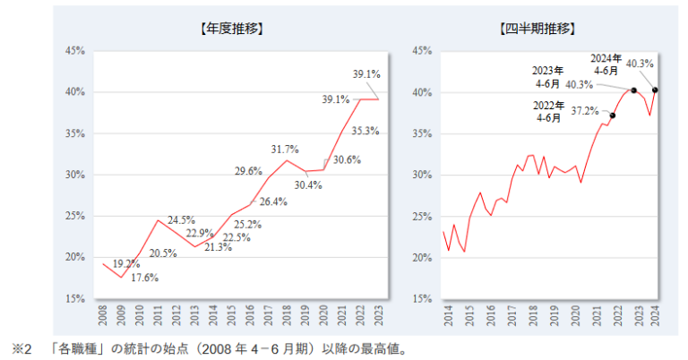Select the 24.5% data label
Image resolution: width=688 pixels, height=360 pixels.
point(181,219)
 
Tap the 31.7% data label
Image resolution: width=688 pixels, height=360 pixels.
point(283,149)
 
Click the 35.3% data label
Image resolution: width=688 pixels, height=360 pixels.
point(364,131)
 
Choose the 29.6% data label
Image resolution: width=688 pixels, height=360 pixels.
point(248,171)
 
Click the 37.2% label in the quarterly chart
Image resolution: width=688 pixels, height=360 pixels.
point(585,111)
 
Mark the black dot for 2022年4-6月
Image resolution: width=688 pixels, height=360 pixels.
point(613,116)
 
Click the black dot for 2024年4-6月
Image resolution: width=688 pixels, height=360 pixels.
point(655,90)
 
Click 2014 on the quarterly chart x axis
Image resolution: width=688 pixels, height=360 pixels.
point(444,317)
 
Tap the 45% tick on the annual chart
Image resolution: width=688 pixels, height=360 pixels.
point(75,51)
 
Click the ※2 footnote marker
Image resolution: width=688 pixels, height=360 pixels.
point(21,347)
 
